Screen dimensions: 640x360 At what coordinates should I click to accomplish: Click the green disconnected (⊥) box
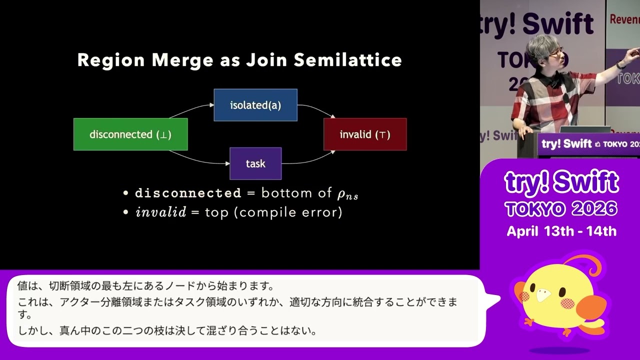click(x=130, y=134)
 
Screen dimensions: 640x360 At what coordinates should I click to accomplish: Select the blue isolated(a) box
click(x=255, y=105)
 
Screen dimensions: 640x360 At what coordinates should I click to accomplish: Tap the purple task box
click(x=255, y=163)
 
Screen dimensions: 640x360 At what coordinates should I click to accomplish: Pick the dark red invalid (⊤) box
click(x=365, y=134)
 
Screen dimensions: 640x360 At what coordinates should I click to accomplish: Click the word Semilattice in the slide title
click(x=348, y=60)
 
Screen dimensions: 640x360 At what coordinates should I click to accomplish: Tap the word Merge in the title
click(x=182, y=60)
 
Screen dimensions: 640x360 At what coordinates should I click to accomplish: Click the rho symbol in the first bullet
click(x=341, y=194)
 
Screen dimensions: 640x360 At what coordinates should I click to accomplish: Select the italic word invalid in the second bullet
click(x=161, y=212)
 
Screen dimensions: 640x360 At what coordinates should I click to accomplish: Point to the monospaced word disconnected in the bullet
click(x=188, y=193)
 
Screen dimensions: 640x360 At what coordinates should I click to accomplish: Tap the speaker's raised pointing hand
click(x=633, y=53)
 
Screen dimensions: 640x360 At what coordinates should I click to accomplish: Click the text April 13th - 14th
click(x=561, y=231)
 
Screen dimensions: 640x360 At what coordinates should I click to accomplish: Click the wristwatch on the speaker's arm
click(x=620, y=64)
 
